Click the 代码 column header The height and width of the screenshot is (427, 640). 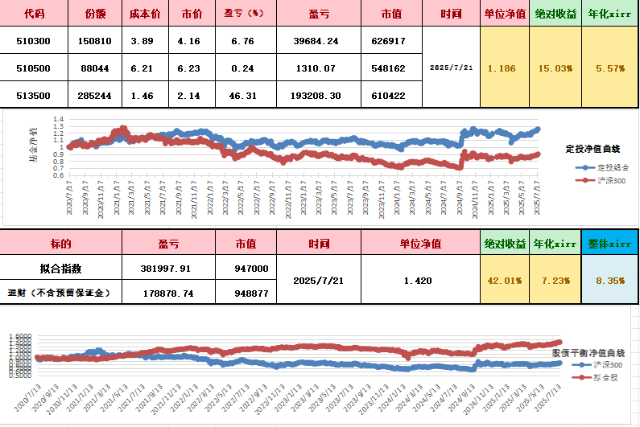[x=35, y=14]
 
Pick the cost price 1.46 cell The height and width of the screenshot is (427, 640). [x=144, y=96]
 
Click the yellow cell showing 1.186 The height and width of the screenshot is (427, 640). [x=502, y=68]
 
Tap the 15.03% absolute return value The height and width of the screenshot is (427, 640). [x=556, y=68]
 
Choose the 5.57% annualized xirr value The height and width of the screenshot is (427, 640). [x=609, y=68]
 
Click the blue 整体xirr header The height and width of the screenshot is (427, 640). [x=609, y=243]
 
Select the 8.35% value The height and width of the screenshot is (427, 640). [x=609, y=281]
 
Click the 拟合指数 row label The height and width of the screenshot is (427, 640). [x=60, y=269]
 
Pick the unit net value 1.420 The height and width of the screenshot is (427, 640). [x=419, y=281]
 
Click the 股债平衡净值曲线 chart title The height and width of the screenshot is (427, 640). [x=588, y=352]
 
